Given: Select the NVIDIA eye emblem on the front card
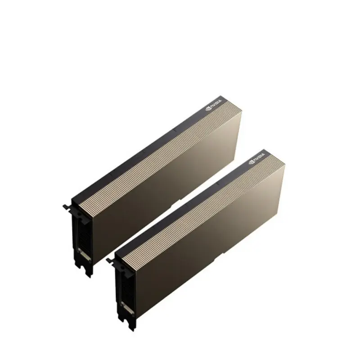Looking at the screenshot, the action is [251, 162].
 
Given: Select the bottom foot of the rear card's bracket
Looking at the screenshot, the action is [88, 274].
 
